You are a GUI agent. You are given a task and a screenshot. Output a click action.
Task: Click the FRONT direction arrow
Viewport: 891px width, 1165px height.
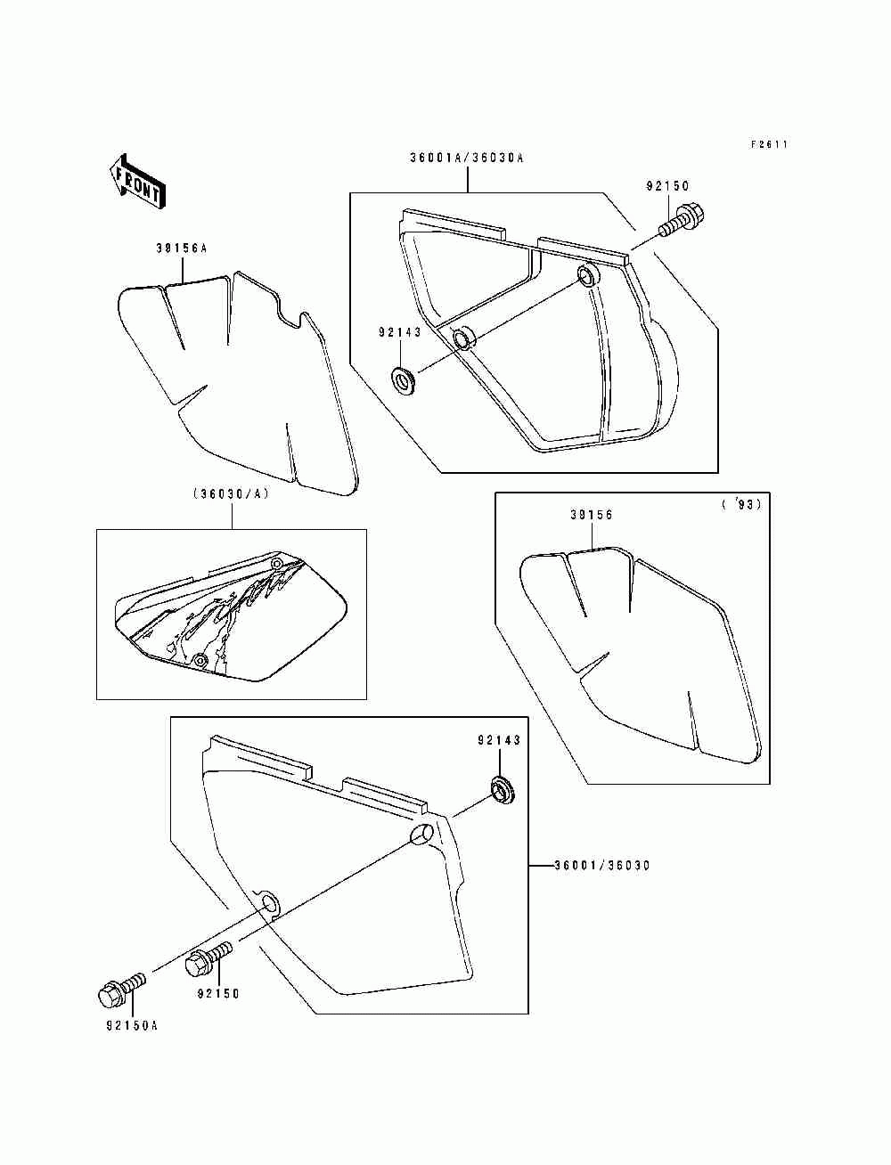[135, 183]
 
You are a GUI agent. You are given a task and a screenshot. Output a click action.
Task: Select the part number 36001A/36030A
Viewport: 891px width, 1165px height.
[467, 158]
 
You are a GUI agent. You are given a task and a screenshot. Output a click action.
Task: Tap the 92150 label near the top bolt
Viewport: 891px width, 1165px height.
[667, 186]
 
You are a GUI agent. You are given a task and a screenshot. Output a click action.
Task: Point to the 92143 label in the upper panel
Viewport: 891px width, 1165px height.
[399, 332]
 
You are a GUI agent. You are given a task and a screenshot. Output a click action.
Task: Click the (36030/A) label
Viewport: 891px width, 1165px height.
[230, 494]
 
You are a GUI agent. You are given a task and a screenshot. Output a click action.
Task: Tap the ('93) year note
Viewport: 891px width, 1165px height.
[741, 505]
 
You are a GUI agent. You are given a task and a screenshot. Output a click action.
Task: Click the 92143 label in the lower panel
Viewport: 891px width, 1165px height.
[498, 740]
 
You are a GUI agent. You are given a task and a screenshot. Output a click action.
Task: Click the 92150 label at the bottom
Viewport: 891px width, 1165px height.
[217, 993]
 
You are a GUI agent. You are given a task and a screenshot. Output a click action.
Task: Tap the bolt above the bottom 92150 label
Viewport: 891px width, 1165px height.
[209, 959]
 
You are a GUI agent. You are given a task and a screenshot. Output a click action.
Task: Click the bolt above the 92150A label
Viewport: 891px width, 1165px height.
[119, 989]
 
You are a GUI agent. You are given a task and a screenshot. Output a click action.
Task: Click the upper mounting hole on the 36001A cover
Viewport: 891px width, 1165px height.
[586, 274]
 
